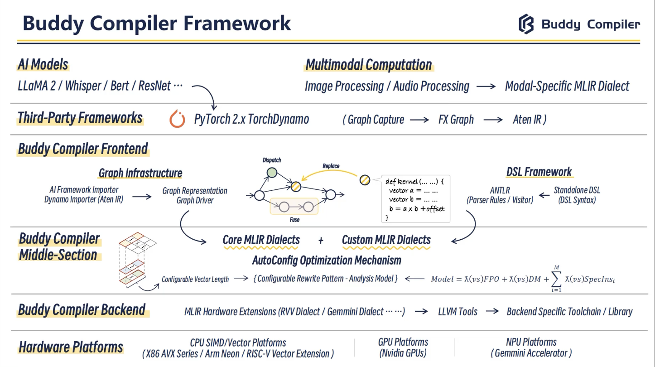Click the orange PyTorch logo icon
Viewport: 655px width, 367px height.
tap(177, 119)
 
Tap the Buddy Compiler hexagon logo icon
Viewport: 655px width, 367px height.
tap(526, 24)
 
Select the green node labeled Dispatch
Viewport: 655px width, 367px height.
tap(272, 173)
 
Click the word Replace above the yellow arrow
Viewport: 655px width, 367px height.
tap(331, 166)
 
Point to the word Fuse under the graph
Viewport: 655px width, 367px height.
tap(294, 220)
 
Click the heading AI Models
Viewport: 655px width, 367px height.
tap(43, 64)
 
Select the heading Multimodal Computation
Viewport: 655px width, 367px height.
tap(369, 65)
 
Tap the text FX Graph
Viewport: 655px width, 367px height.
tap(456, 119)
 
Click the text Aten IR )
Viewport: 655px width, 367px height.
tap(530, 119)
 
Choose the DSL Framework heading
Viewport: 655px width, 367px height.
tap(539, 172)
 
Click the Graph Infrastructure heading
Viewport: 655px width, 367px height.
tap(140, 173)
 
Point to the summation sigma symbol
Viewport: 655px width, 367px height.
tap(556, 279)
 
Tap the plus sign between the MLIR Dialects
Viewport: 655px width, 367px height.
tap(321, 241)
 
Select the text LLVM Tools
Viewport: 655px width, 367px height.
tap(458, 312)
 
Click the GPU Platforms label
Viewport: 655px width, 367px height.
tap(403, 342)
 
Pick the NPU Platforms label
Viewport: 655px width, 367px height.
tap(531, 342)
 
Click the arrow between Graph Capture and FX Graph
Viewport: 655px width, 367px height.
tap(419, 120)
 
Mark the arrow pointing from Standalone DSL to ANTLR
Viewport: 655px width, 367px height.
tap(544, 195)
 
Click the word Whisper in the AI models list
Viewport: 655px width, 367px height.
tap(83, 86)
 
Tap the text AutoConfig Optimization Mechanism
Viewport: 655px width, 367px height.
tap(327, 260)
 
